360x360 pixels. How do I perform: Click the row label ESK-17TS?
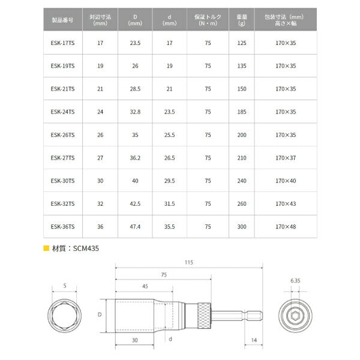[62, 43]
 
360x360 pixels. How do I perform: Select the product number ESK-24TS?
[62, 112]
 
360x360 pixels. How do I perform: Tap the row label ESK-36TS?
[62, 226]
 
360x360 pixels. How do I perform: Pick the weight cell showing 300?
[242, 226]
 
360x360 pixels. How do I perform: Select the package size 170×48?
[286, 226]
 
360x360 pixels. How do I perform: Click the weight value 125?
[242, 43]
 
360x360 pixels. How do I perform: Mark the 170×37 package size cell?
[286, 158]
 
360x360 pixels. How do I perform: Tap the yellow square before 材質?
[46, 248]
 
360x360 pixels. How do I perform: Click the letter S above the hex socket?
[65, 286]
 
